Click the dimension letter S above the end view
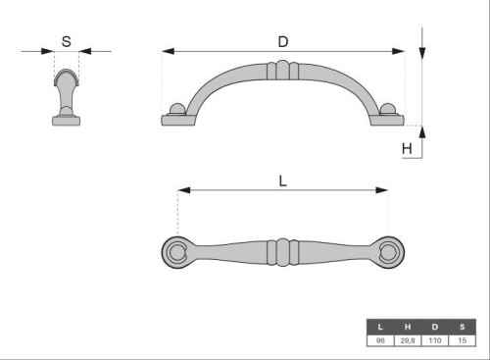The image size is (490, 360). pos(67,41)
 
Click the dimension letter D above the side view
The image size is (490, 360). pos(283,42)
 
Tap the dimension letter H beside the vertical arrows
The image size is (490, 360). pos(407,149)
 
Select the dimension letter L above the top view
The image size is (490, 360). pos(283,180)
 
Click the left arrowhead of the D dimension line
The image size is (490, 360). pos(168,51)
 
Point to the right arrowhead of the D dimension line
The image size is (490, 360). pos(398,51)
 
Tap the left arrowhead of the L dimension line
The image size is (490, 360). pos(184,190)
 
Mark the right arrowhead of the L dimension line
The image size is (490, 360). pos(382,190)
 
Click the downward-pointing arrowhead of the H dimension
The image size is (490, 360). pos(422,54)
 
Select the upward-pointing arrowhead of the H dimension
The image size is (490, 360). pos(422,131)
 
